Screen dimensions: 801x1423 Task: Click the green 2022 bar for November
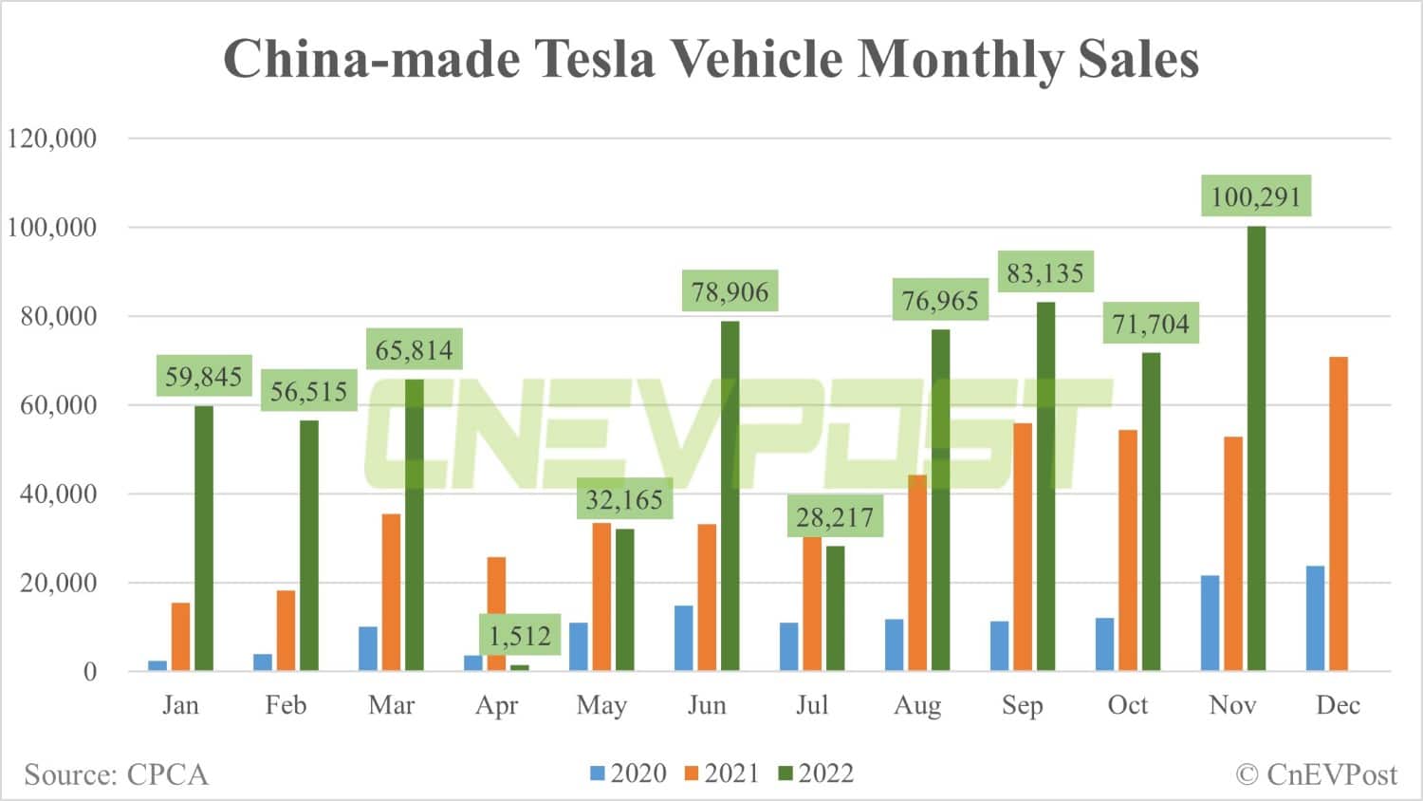[x=1256, y=448]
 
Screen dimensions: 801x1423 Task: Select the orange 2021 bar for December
[x=1338, y=513]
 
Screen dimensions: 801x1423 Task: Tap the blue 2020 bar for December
[x=1315, y=619]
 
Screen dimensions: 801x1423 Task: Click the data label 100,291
[x=1255, y=196]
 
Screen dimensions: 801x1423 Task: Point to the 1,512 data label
[x=520, y=635]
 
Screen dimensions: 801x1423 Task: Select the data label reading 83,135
[x=1044, y=273]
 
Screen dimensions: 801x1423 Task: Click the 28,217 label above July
[x=834, y=517]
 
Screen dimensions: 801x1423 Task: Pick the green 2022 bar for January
[x=204, y=538]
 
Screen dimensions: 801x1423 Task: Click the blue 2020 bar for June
[x=683, y=638]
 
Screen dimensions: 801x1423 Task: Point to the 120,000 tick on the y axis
[x=52, y=139]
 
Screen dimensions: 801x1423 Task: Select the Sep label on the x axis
[x=1022, y=705]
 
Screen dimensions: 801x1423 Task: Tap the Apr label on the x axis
[x=496, y=705]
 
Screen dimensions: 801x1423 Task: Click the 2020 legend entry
[x=628, y=773]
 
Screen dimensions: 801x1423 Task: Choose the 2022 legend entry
[x=816, y=773]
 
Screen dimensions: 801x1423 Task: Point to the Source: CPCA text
[x=116, y=774]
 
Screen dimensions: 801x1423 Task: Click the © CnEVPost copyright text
[x=1316, y=774]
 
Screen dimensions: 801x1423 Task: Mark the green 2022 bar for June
[x=730, y=495]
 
